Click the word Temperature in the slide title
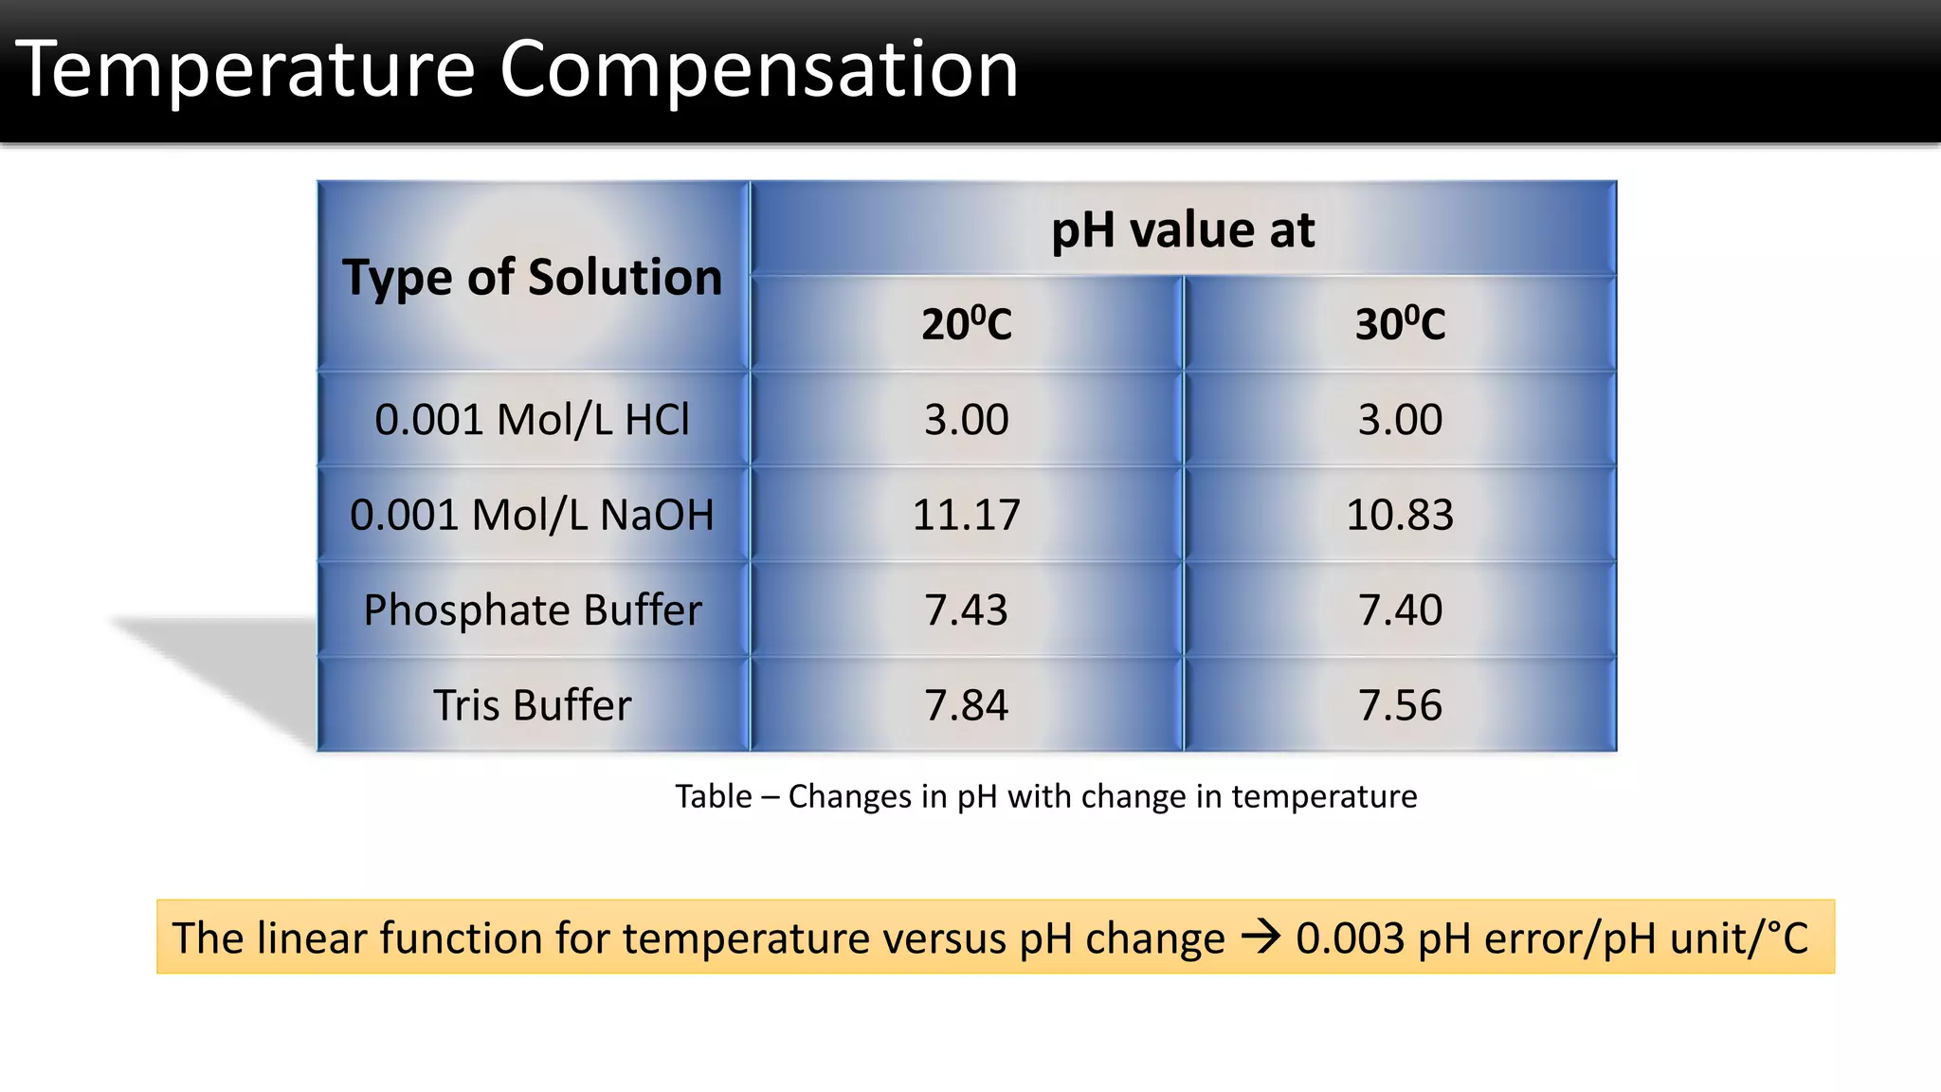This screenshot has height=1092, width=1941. click(x=245, y=69)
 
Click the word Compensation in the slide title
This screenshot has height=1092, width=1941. click(x=758, y=69)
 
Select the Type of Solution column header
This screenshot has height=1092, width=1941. click(x=533, y=277)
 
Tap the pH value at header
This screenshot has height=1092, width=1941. click(x=1183, y=230)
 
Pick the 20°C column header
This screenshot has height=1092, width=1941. click(x=967, y=324)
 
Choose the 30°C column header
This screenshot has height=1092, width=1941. click(x=1400, y=324)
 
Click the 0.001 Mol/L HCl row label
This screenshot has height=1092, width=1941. click(x=533, y=420)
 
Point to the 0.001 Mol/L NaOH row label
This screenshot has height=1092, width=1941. click(x=533, y=515)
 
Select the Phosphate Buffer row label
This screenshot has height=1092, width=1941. click(x=533, y=610)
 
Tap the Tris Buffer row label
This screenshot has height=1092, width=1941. click(x=533, y=705)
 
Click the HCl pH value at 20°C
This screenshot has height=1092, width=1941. click(x=967, y=420)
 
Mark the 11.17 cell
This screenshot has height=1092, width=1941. click(x=967, y=515)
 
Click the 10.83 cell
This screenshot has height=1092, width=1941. click(x=1400, y=515)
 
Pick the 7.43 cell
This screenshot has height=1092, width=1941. click(x=967, y=610)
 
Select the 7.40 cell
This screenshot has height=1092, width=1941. click(x=1400, y=610)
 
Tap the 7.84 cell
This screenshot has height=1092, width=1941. click(x=967, y=705)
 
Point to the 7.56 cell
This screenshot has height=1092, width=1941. click(x=1400, y=705)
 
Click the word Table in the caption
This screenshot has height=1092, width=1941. click(x=713, y=796)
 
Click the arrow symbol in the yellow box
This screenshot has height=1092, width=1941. click(x=1261, y=937)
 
